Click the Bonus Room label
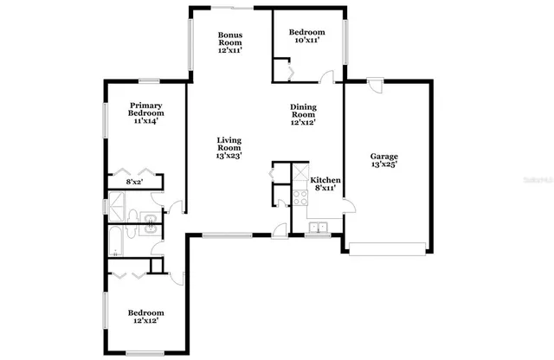coord(229,39)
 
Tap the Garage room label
coord(385,157)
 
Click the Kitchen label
coord(325,180)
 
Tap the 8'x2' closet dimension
coord(134,183)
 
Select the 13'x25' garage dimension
coord(385,164)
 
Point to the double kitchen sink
coord(319,228)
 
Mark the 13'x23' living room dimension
coord(229,156)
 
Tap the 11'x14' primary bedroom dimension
coord(146,122)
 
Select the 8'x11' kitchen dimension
coord(325,188)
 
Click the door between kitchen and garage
coord(346,205)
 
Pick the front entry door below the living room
coord(279,229)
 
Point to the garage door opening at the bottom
coord(388,254)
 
